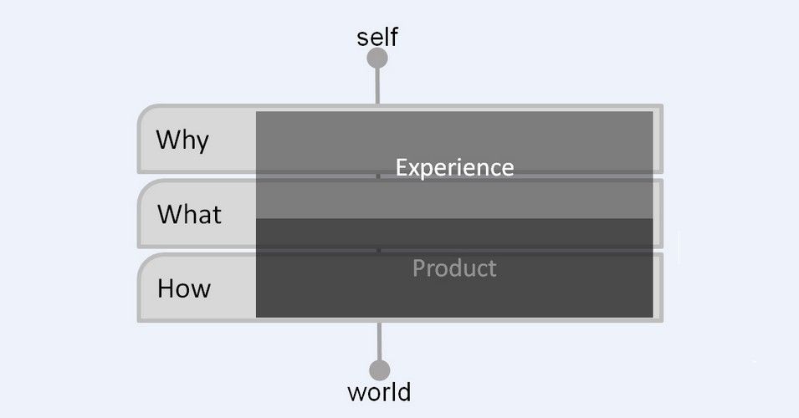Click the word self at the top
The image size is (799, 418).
[377, 37]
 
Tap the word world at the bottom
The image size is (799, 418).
[379, 391]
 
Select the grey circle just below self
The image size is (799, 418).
[377, 59]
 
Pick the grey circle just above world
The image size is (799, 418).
[379, 370]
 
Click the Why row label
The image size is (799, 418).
[182, 140]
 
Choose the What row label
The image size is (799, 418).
[189, 215]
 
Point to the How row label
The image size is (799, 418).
[184, 289]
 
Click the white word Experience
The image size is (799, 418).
[454, 167]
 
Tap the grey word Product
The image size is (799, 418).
[454, 268]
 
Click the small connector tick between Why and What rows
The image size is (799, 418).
[378, 176]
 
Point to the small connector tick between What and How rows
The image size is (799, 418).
[378, 250]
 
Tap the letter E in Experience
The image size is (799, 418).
[402, 167]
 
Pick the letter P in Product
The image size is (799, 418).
[419, 268]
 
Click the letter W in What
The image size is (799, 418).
[168, 215]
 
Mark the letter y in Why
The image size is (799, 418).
[201, 141]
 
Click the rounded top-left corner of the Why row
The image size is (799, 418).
[144, 112]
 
